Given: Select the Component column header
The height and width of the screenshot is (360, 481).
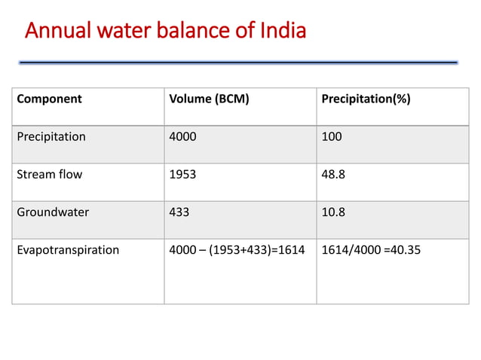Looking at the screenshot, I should coord(50,99).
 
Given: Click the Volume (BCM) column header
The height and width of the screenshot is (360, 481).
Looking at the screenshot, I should coord(209,99).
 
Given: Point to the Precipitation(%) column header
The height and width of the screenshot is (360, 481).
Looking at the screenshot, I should coord(366,99).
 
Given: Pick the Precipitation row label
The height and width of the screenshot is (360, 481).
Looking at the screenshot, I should coord(51,137).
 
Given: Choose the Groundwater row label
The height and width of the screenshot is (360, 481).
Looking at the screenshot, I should coord(53,212).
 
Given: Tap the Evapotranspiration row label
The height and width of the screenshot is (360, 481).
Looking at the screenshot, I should coord(68,250).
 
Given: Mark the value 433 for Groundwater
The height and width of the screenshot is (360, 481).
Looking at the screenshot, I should coord(179,212).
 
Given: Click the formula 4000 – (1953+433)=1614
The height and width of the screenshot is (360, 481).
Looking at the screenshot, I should coord(237,250).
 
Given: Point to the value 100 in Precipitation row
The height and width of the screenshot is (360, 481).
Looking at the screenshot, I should coord(331,137).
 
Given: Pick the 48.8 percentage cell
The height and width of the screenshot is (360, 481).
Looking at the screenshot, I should coord(333,175).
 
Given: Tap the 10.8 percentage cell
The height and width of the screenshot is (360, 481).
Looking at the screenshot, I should coord(333,212).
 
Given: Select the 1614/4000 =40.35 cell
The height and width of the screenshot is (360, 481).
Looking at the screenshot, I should coord(371,250).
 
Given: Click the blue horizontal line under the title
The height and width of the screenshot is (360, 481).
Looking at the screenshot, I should coord(238,62).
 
